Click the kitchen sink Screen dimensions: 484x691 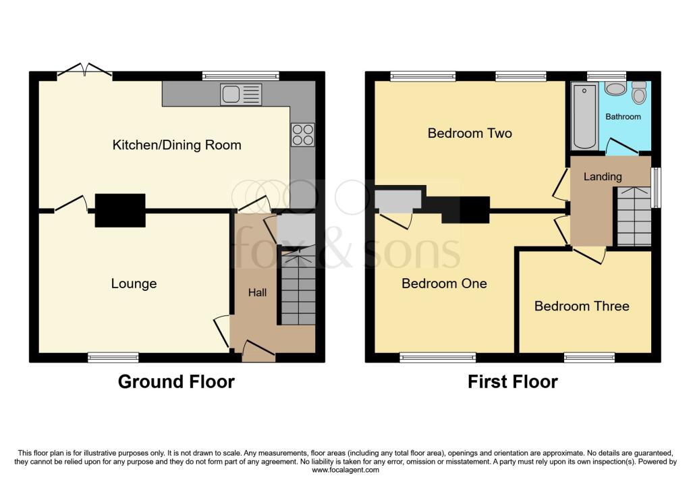240,95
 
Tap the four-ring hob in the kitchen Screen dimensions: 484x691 302,135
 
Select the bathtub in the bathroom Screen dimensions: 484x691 584,116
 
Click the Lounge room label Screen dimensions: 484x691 134,284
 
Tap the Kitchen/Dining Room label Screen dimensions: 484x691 176,145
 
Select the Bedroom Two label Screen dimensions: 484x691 470,133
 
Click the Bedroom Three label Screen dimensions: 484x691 582,306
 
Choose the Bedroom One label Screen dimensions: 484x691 444,284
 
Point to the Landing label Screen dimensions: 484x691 603,177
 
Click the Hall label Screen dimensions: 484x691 257,292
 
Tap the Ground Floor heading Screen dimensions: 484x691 176,382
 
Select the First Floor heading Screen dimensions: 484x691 513,382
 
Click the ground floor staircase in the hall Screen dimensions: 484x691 298,290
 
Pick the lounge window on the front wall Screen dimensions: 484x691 113,357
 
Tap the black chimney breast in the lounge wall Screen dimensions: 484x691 120,210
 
